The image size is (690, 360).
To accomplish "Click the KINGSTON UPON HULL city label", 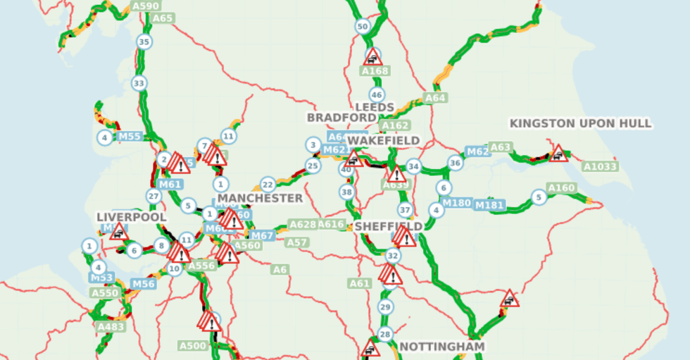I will [581, 124].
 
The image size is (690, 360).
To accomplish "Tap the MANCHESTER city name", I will [260, 199].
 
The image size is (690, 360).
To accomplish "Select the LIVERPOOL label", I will [132, 217].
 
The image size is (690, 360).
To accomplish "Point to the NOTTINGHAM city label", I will [441, 347].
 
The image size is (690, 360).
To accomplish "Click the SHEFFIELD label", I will [388, 226].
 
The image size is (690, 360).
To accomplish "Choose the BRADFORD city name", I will [341, 117].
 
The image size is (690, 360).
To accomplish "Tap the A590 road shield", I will [146, 6].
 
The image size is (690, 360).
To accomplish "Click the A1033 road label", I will [600, 167].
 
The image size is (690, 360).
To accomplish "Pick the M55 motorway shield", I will [130, 137].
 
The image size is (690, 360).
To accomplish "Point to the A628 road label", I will [303, 225].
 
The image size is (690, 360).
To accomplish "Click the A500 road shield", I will [192, 346].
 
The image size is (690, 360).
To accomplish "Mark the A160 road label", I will [562, 188].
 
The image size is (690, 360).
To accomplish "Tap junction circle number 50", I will [363, 27].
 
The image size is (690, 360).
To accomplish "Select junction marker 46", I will [377, 95].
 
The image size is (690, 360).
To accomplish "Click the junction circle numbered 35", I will [144, 42].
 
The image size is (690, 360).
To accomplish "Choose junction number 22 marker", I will [268, 185].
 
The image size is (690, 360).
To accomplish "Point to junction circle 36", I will [456, 163].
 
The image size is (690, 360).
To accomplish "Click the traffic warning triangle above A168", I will [373, 57].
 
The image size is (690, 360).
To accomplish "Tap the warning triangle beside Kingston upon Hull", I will [558, 154].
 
